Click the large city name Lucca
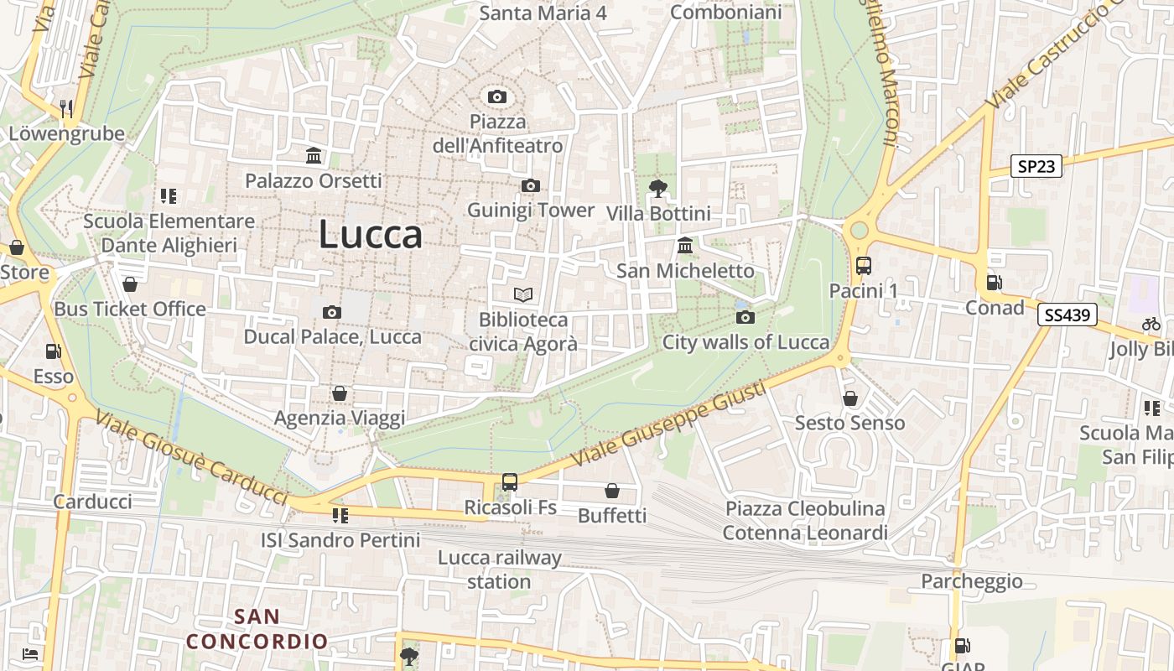[370, 235]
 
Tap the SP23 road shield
[1036, 166]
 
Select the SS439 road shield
[1068, 315]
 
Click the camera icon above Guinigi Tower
[530, 185]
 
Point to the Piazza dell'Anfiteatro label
[497, 133]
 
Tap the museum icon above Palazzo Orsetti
[314, 156]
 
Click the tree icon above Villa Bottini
[658, 189]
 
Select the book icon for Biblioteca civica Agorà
[523, 294]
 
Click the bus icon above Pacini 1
[863, 266]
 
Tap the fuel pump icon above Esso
[54, 351]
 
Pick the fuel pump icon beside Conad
[995, 283]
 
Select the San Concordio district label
[257, 629]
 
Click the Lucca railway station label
[499, 570]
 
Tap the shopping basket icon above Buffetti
[612, 491]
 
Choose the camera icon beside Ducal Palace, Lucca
[332, 313]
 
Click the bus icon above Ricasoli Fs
[510, 482]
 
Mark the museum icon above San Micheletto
[685, 247]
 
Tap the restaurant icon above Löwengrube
[66, 108]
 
